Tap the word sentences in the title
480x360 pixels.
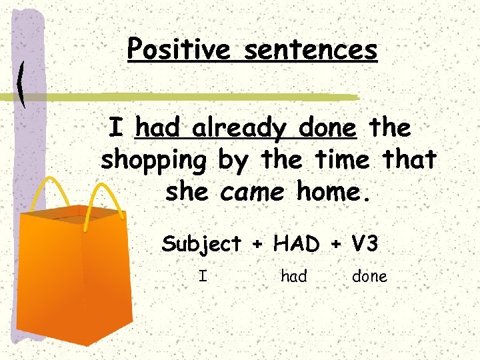click(x=310, y=49)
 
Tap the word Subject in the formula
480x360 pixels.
click(x=201, y=244)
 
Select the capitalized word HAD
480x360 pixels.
click(x=296, y=244)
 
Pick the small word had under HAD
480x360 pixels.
click(x=293, y=276)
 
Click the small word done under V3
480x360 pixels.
click(x=369, y=276)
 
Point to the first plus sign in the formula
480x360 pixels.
click(x=257, y=245)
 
